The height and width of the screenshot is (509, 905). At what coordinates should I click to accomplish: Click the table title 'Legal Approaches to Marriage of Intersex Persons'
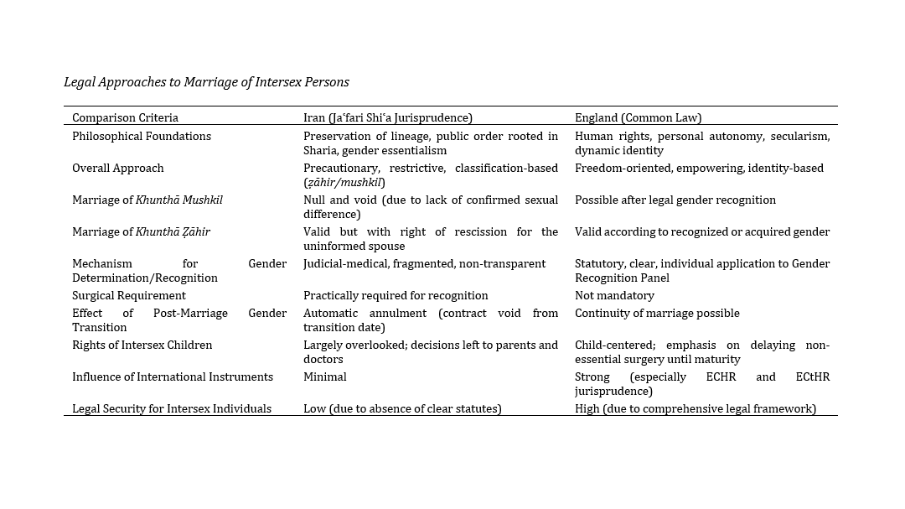tap(206, 82)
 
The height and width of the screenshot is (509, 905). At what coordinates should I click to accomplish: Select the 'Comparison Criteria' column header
tap(125, 118)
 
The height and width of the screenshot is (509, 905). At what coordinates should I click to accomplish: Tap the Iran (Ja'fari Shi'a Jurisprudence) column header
tap(388, 118)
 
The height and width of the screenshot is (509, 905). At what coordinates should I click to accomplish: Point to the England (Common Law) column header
tap(638, 118)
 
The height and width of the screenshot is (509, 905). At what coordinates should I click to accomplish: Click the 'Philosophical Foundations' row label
tap(142, 136)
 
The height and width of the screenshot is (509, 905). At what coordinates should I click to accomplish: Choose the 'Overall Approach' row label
tap(118, 168)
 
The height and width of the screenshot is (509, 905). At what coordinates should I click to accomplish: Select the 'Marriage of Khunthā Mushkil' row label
tap(147, 200)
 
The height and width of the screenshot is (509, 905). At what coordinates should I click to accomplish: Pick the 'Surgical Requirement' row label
tap(129, 295)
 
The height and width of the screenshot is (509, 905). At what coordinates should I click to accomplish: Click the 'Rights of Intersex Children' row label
tap(142, 345)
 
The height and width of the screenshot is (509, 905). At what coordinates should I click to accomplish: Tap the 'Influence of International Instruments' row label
tap(173, 377)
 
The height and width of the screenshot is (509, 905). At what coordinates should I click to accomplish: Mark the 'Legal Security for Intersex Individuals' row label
tap(172, 408)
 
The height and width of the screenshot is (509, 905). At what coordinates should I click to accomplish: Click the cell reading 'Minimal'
tap(325, 377)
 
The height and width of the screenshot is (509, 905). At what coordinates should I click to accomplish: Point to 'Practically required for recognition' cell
tap(396, 295)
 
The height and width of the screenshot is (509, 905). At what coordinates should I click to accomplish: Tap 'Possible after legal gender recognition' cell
tap(675, 200)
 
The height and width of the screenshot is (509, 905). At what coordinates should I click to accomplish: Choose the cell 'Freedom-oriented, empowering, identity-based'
tap(699, 168)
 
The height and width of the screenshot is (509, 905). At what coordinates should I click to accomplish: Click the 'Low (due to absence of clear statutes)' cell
tap(402, 408)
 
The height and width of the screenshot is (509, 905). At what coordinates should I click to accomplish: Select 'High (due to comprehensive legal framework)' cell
tap(696, 408)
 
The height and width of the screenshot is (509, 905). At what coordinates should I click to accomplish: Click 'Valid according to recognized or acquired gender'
tap(702, 231)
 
